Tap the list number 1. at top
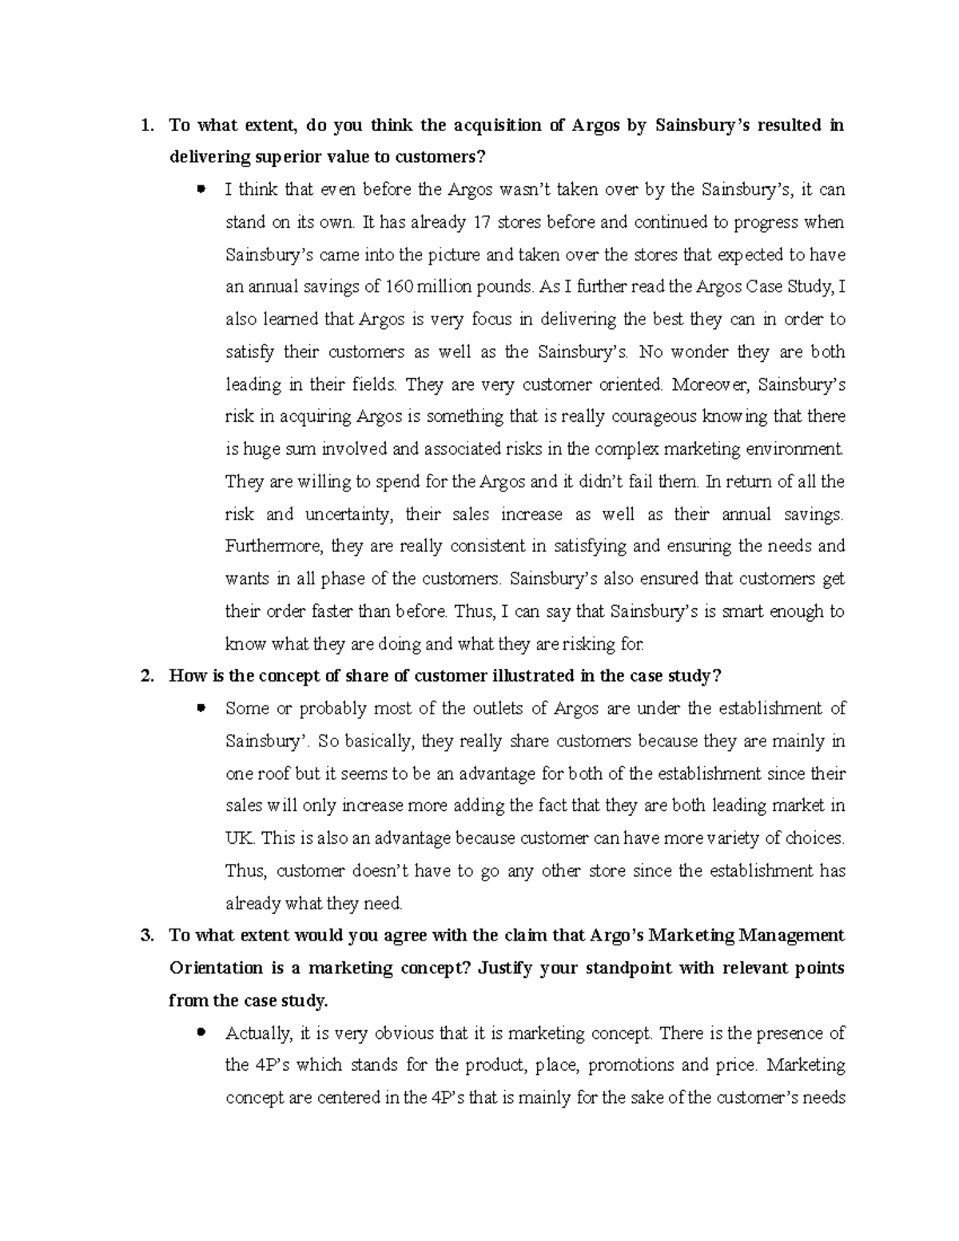point(145,125)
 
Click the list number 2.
point(145,676)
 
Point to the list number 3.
point(145,936)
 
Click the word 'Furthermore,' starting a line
point(273,547)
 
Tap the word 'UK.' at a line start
point(239,838)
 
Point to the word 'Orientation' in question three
point(216,968)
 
